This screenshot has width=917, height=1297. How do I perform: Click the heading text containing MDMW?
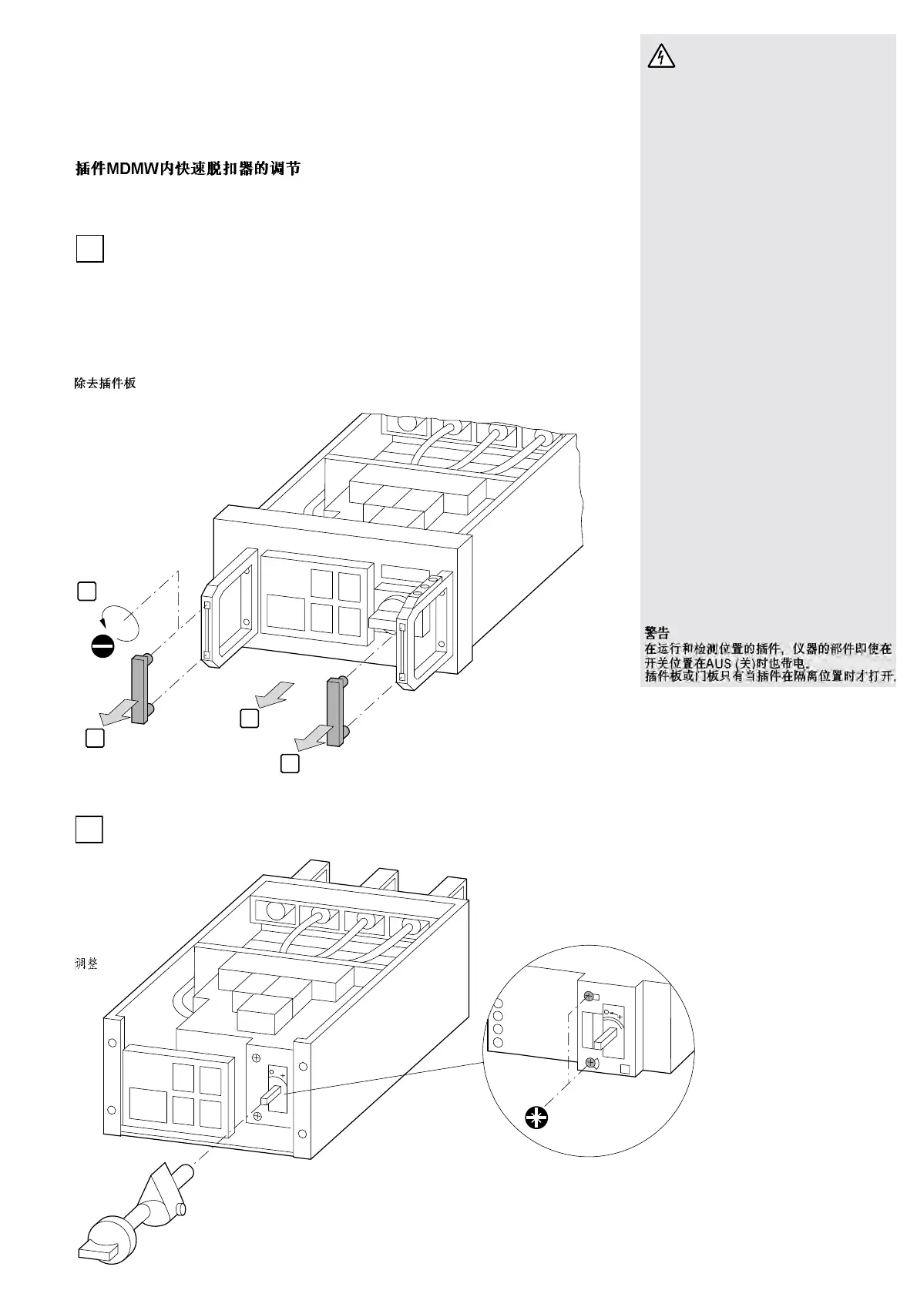pyautogui.click(x=188, y=169)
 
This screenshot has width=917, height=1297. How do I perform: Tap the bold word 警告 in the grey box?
pyautogui.click(x=657, y=633)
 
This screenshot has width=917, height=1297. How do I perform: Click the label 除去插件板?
pyautogui.click(x=106, y=383)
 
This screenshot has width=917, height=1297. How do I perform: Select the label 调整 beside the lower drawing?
pyautogui.click(x=86, y=964)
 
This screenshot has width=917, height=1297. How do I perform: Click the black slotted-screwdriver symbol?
pyautogui.click(x=103, y=645)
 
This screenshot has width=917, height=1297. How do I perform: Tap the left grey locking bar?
pyautogui.click(x=139, y=689)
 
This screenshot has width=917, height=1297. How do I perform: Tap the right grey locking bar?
pyautogui.click(x=335, y=712)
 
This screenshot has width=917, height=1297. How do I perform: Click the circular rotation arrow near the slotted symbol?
pyautogui.click(x=119, y=620)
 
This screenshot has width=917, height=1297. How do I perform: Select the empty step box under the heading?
pyautogui.click(x=89, y=249)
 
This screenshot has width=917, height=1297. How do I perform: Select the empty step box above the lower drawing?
pyautogui.click(x=89, y=829)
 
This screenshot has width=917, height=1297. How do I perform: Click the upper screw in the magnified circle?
pyautogui.click(x=589, y=996)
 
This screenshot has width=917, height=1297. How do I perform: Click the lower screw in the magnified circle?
pyautogui.click(x=590, y=1064)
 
